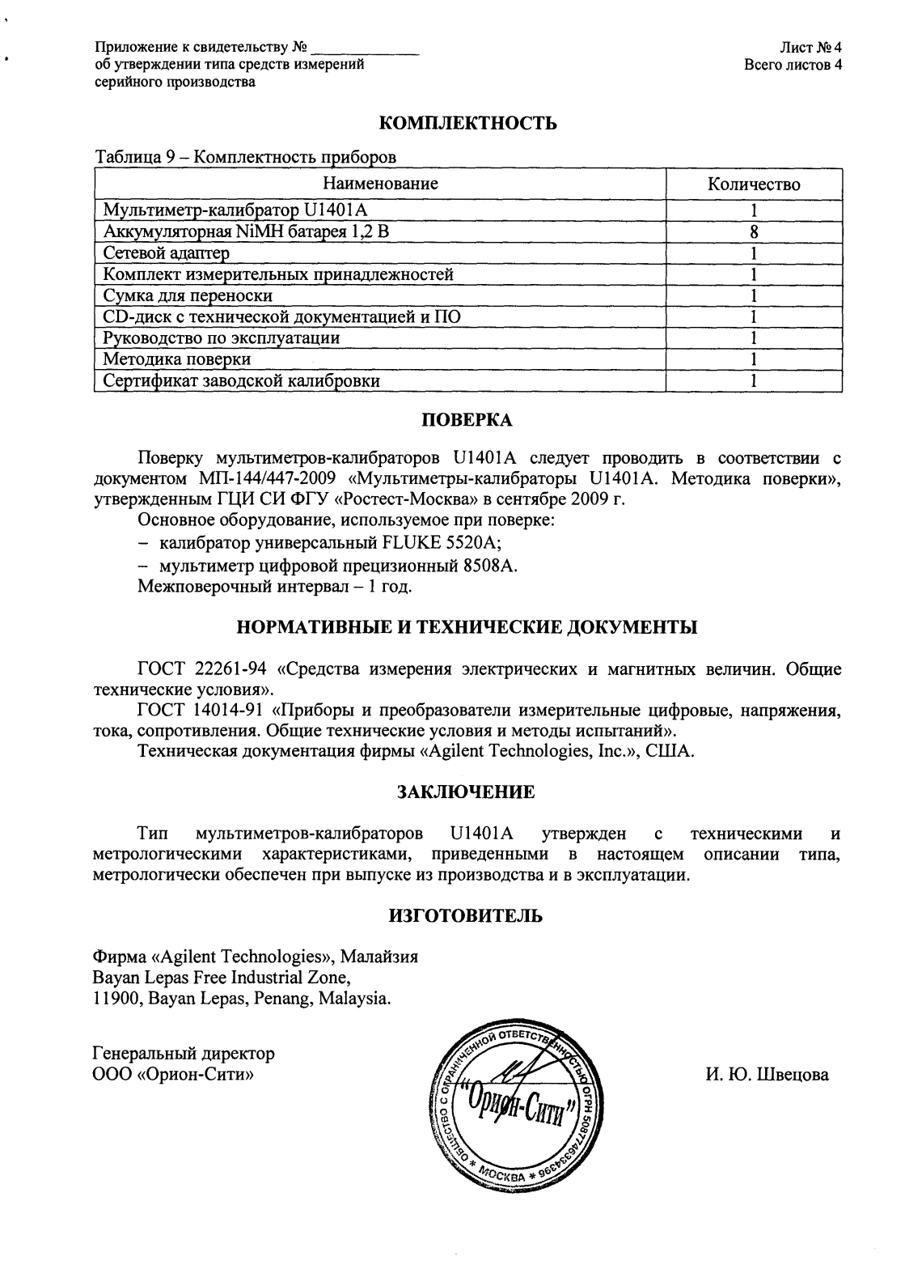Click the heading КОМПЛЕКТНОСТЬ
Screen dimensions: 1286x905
468,124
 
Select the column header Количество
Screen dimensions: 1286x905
753,185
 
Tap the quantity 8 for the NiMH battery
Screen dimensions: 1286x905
753,232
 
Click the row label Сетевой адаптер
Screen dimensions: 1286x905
167,253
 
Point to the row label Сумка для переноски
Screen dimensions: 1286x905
188,295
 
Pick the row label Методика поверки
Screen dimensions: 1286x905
176,359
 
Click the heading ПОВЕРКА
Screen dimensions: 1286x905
468,420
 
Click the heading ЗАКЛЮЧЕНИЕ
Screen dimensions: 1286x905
467,792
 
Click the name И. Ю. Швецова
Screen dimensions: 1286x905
767,1076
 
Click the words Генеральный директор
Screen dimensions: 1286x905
184,1054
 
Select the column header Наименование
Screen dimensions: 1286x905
380,184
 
